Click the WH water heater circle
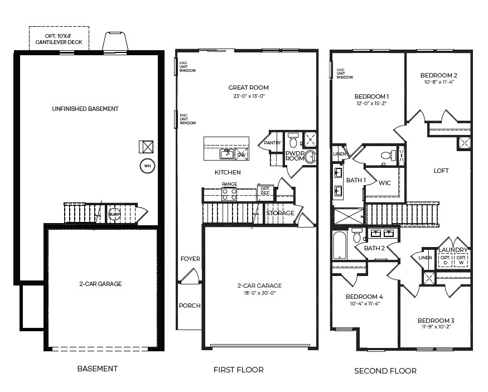click(x=147, y=166)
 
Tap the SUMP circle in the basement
click(x=114, y=214)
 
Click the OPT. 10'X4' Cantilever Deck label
click(x=59, y=39)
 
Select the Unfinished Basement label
click(x=85, y=109)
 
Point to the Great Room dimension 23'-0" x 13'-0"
click(x=249, y=96)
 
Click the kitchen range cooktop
click(x=229, y=194)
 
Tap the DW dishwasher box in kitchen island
click(x=242, y=154)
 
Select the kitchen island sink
click(x=227, y=154)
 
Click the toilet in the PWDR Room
click(x=293, y=141)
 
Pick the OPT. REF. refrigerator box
click(x=265, y=191)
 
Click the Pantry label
click(x=272, y=143)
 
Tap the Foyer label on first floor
click(x=190, y=259)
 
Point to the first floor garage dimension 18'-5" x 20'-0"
click(x=259, y=293)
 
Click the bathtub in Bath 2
click(x=340, y=245)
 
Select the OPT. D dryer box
click(x=446, y=260)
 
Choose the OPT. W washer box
click(x=461, y=260)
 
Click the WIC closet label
click(x=385, y=183)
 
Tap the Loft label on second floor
click(x=441, y=171)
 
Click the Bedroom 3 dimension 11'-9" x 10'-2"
click(x=436, y=327)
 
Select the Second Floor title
click(x=385, y=371)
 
